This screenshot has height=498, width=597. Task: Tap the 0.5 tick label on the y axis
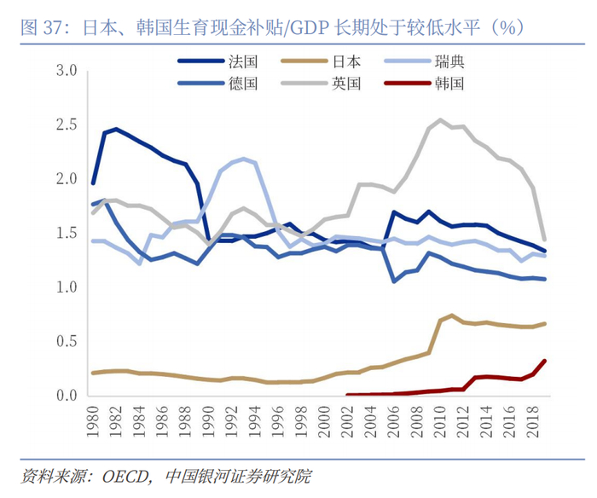(x=67, y=342)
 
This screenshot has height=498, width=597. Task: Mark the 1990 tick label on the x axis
(x=206, y=421)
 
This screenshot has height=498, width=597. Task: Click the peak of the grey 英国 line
(x=440, y=120)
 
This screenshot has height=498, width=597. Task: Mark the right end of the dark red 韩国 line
(x=544, y=362)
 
